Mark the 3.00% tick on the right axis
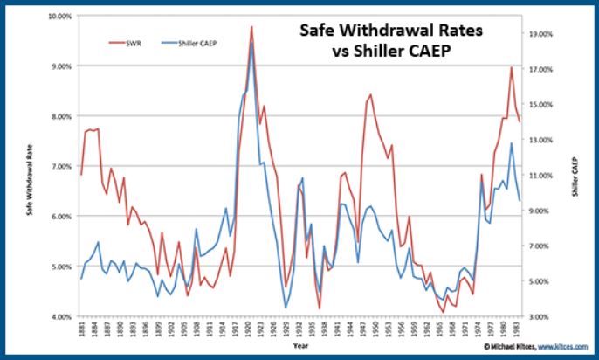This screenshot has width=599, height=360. click(541, 316)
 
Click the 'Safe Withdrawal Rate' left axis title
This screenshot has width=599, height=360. click(31, 166)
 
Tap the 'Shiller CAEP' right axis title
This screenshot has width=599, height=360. click(576, 166)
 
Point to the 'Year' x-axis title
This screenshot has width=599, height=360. click(301, 347)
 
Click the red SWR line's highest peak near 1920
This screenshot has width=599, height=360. click(251, 27)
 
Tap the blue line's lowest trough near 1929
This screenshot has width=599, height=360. click(286, 307)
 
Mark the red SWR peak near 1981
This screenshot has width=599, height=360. click(511, 67)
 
